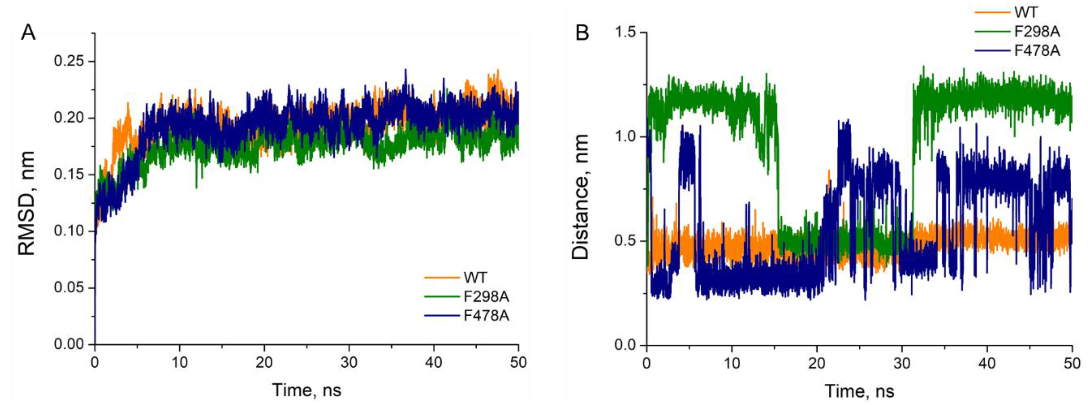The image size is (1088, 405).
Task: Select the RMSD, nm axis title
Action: pyautogui.click(x=26, y=203)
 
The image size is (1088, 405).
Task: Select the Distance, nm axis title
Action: pyautogui.click(x=580, y=197)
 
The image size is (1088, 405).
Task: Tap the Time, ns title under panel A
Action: pyautogui.click(x=307, y=389)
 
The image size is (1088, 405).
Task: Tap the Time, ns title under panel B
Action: pyautogui.click(x=859, y=391)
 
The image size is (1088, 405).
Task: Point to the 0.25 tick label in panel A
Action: pyautogui.click(x=69, y=61)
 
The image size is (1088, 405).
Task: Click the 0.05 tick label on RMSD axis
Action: pyautogui.click(x=69, y=288)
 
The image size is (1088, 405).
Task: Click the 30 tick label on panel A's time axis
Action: pyautogui.click(x=349, y=362)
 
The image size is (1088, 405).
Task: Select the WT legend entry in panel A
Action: pyautogui.click(x=475, y=277)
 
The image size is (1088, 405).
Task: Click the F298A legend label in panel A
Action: pyautogui.click(x=486, y=297)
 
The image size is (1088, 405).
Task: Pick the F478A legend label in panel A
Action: pyautogui.click(x=486, y=316)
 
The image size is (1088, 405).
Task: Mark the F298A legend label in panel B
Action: pyautogui.click(x=1037, y=32)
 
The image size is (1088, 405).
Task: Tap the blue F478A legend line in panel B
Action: pyautogui.click(x=993, y=51)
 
